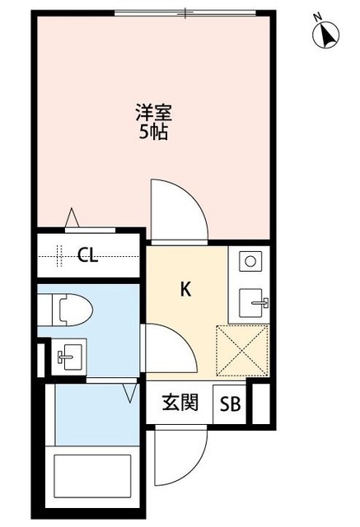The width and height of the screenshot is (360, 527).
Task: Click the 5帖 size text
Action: [x=152, y=132]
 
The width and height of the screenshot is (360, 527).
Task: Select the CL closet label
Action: [x=87, y=255]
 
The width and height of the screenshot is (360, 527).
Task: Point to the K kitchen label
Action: [x=186, y=289]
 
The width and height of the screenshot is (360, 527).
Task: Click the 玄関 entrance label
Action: [x=179, y=403]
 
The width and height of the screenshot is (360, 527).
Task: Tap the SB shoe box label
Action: [x=231, y=404]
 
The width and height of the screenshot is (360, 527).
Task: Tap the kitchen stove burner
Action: [x=250, y=262]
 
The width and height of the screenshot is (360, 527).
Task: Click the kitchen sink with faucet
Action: [x=250, y=303]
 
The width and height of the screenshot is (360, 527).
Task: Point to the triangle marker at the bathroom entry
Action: [x=130, y=393]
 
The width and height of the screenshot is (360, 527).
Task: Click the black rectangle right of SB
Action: [x=260, y=403]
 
